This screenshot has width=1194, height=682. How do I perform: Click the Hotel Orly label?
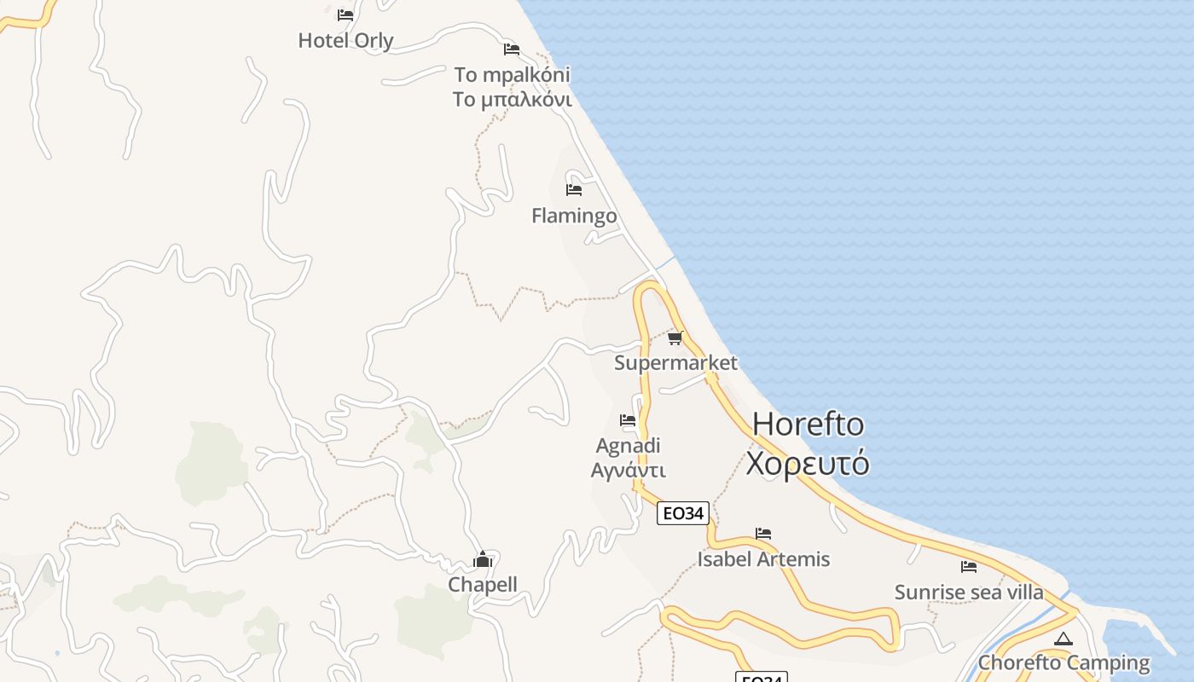point(345,40)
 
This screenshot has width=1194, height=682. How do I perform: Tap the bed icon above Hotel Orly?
point(345,14)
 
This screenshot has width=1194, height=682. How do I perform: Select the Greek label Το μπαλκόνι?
point(512,100)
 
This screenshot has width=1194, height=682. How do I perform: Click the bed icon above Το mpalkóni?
point(512,49)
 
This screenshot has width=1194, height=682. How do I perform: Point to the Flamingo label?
point(574,216)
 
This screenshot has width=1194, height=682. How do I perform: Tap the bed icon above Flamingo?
point(574,189)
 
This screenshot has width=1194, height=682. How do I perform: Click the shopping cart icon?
point(675,338)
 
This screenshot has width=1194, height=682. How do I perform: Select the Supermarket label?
point(675,363)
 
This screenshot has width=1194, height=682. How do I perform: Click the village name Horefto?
point(809,424)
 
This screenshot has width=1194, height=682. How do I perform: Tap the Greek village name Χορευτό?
point(808,463)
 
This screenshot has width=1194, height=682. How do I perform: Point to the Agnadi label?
point(629,446)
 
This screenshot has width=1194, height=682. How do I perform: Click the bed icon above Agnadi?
point(629,419)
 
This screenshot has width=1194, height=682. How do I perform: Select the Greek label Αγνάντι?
point(629,470)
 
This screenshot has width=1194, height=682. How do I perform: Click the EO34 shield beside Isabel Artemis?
point(683,513)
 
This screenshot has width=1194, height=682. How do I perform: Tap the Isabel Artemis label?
point(763,559)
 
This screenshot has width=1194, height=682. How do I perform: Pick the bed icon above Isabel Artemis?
point(763,534)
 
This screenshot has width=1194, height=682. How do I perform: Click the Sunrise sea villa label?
point(969,592)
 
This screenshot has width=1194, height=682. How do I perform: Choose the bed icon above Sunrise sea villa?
point(969,566)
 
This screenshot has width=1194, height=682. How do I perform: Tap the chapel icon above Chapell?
point(483,559)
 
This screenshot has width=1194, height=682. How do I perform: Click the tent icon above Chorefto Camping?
point(1063,639)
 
